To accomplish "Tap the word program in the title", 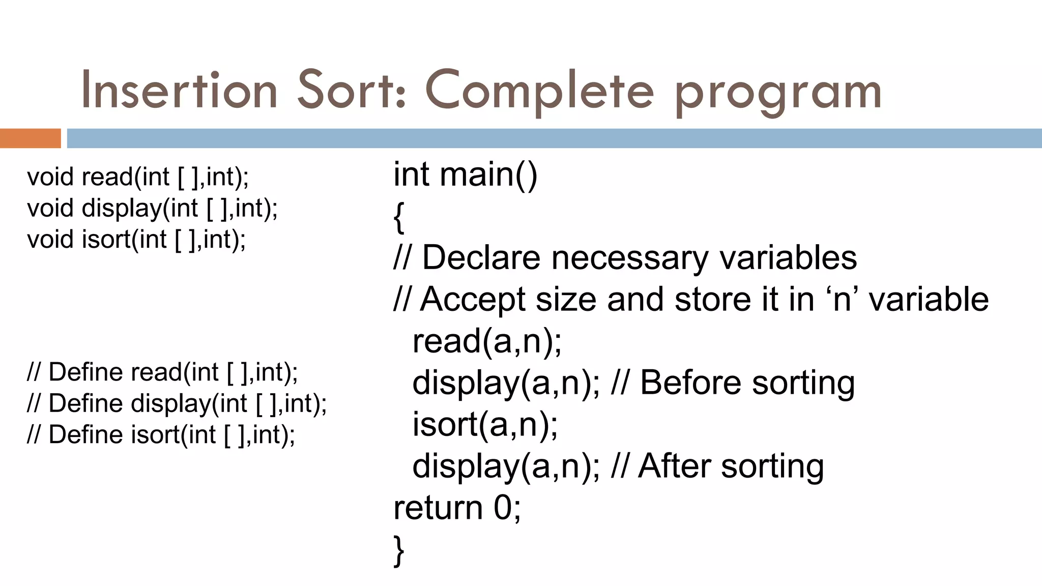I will [778, 94].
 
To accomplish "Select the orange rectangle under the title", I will [30, 138].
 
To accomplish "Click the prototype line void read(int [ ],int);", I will [138, 177].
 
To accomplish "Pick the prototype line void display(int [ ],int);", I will [152, 208].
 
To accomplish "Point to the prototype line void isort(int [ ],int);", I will [136, 239].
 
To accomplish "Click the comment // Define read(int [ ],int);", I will [162, 372].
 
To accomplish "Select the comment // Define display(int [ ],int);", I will [177, 403].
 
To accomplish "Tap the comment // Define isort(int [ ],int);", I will [161, 435].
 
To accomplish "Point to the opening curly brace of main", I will [399, 217].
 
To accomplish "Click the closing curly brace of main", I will [399, 550].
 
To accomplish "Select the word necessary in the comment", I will [629, 258].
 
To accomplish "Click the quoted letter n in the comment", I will [842, 300].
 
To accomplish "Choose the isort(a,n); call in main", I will [485, 424].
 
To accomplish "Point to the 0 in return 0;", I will [503, 508].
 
